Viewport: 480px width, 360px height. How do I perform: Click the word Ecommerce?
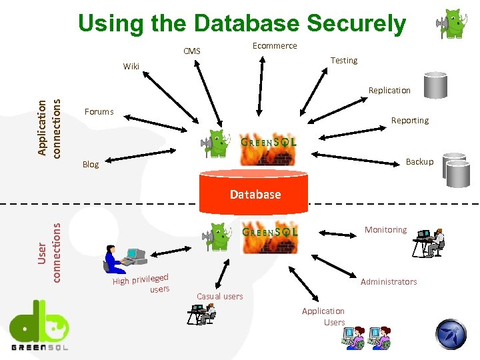(275, 45)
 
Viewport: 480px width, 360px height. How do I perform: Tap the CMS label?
(191, 51)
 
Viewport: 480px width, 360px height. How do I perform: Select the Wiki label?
(131, 66)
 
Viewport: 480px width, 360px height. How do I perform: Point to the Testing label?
(344, 61)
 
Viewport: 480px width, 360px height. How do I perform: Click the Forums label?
(99, 112)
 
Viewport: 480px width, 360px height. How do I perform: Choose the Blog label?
(90, 165)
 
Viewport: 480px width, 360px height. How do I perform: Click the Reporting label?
(409, 121)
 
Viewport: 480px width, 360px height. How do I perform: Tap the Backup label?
(419, 162)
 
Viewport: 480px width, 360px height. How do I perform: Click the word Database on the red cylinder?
(255, 195)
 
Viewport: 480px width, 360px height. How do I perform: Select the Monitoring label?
(385, 230)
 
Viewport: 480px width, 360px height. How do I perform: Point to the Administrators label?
(389, 282)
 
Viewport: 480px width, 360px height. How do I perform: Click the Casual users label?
(220, 296)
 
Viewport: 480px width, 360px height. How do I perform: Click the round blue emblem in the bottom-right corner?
(451, 334)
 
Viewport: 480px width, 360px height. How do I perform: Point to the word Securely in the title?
(356, 24)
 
